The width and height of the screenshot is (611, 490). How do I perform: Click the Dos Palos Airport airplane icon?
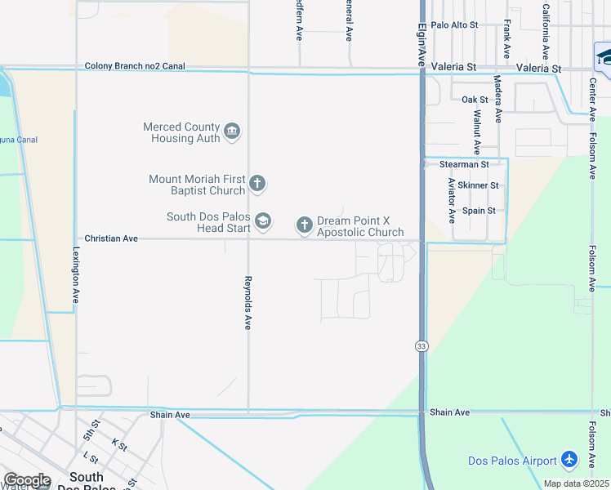click(x=570, y=461)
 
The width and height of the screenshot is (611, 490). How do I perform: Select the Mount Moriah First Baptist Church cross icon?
click(x=256, y=184)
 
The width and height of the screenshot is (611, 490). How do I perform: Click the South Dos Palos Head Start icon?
click(x=263, y=221)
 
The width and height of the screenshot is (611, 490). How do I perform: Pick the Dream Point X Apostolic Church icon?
click(x=305, y=225)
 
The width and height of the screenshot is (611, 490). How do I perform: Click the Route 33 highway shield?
click(x=421, y=346)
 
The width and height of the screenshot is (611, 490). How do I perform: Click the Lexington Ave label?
click(x=76, y=276)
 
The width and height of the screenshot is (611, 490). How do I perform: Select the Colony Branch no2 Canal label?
click(x=136, y=66)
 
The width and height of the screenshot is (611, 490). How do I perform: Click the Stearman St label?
click(x=464, y=164)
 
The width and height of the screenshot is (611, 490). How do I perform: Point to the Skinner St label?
click(x=478, y=185)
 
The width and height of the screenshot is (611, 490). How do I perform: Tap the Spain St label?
click(x=479, y=211)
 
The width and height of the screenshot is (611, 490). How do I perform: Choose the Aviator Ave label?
click(x=452, y=202)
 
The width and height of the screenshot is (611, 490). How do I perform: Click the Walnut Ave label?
click(x=476, y=129)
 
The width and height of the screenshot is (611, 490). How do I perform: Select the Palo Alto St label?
click(x=454, y=25)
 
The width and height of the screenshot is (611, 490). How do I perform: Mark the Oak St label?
click(x=475, y=100)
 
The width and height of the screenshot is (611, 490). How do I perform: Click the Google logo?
click(x=27, y=480)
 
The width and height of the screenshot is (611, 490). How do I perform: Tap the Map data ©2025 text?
click(x=576, y=483)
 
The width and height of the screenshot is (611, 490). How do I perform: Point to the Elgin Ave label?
click(x=421, y=45)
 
